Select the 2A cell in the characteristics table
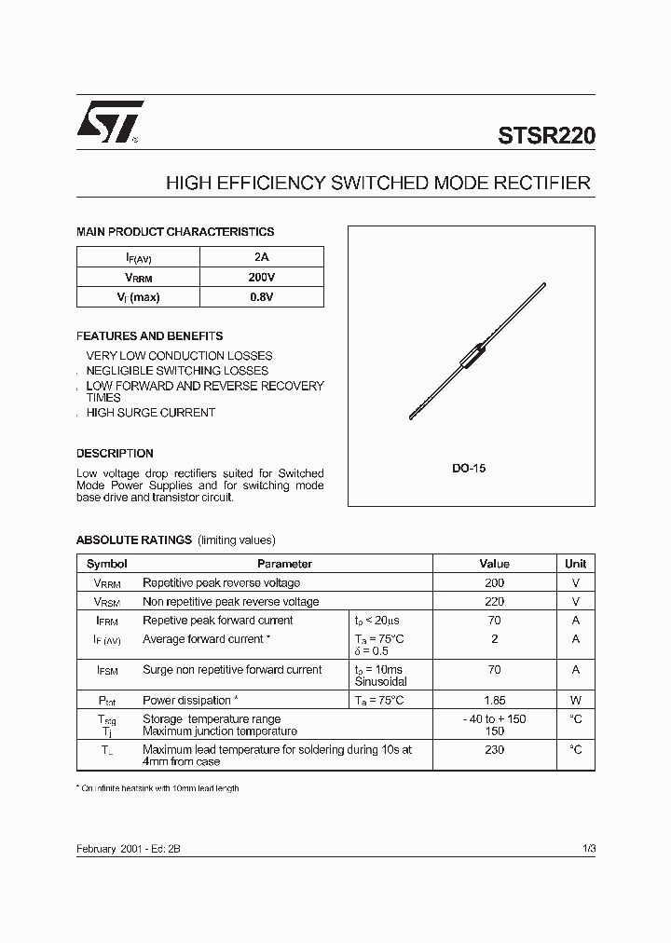pyautogui.click(x=261, y=257)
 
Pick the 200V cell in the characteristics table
pyautogui.click(x=261, y=278)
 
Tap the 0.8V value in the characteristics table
pyautogui.click(x=261, y=297)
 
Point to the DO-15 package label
pyautogui.click(x=469, y=469)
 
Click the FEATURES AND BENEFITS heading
pyautogui.click(x=149, y=335)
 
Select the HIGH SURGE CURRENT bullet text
pyautogui.click(x=150, y=412)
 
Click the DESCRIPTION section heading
pyautogui.click(x=115, y=453)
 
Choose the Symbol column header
pyautogui.click(x=107, y=564)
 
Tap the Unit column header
pyautogui.click(x=575, y=564)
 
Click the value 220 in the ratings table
pyautogui.click(x=494, y=602)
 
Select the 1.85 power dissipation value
pyautogui.click(x=494, y=700)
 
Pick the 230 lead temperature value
pyautogui.click(x=494, y=749)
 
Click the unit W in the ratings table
pyautogui.click(x=575, y=700)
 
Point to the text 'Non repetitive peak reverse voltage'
pyautogui.click(x=230, y=602)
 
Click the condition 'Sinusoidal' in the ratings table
pyautogui.click(x=380, y=681)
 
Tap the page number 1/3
pyautogui.click(x=587, y=849)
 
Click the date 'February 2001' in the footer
pyautogui.click(x=109, y=849)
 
